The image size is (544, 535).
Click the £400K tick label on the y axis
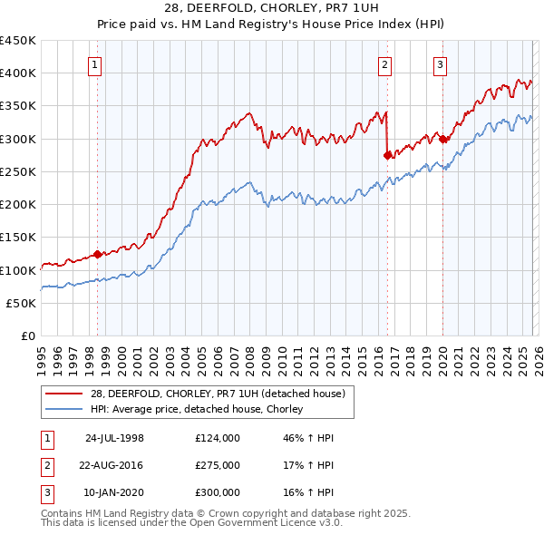[x=18, y=73]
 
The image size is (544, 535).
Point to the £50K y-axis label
[x=21, y=303]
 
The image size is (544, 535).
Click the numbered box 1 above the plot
[x=95, y=63]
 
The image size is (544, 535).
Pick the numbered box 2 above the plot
[x=385, y=63]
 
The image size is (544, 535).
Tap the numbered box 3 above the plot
[x=440, y=63]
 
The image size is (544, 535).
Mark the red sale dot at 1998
[x=98, y=255]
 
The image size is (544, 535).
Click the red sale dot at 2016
[x=387, y=155]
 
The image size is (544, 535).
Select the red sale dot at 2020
[x=442, y=139]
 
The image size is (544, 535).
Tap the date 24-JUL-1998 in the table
[x=114, y=438]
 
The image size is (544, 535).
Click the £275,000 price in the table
[x=218, y=465]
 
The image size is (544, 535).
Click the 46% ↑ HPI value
[x=308, y=438]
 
